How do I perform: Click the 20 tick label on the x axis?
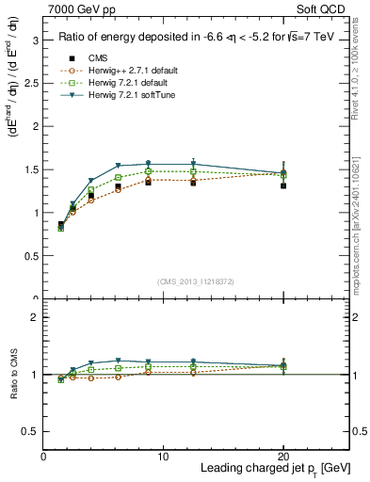click(283, 457)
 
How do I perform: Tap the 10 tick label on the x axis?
click(163, 457)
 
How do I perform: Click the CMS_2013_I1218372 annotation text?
click(196, 281)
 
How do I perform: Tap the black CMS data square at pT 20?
click(283, 185)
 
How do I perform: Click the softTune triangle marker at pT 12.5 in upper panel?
click(193, 164)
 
